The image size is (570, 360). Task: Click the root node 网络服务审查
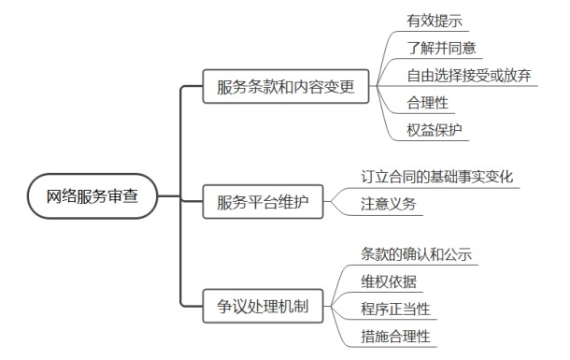(92, 196)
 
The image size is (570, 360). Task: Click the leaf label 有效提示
(434, 19)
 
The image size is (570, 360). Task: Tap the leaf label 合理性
(427, 102)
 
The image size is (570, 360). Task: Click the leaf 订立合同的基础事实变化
(436, 176)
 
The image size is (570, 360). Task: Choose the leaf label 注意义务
(391, 203)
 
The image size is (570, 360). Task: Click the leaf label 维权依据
(391, 281)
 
